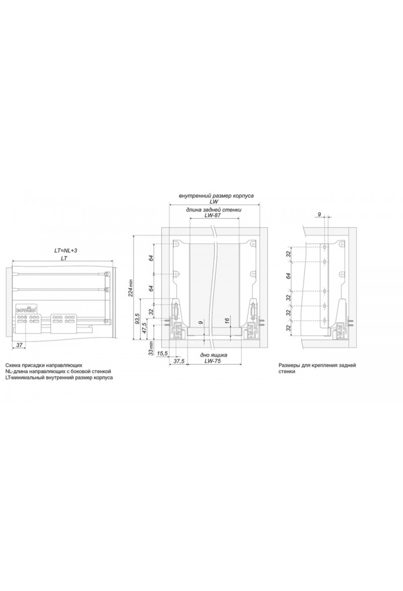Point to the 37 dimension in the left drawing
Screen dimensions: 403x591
coord(19,345)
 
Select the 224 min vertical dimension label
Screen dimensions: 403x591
coord(131,288)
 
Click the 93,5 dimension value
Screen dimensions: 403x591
coord(137,318)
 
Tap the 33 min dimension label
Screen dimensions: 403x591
coord(151,348)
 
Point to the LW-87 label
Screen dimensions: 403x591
coord(212,216)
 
